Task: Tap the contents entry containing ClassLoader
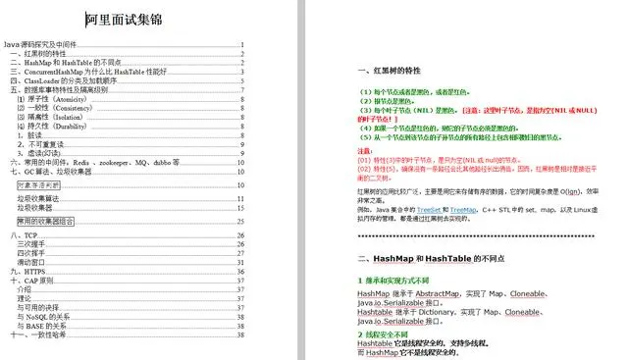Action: [69, 79]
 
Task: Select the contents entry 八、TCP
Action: [24, 236]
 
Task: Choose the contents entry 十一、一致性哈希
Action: [39, 334]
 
